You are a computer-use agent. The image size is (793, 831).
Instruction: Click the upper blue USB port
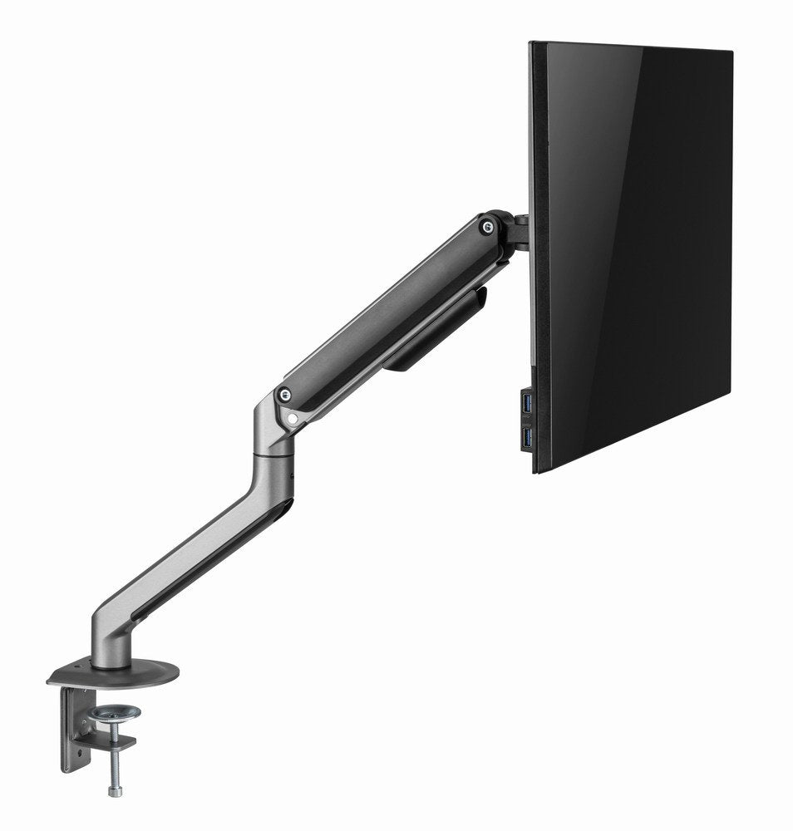tap(525, 403)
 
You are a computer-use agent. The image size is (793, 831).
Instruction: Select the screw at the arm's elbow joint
tap(285, 395)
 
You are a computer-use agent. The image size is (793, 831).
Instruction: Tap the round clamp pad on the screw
tap(115, 713)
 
